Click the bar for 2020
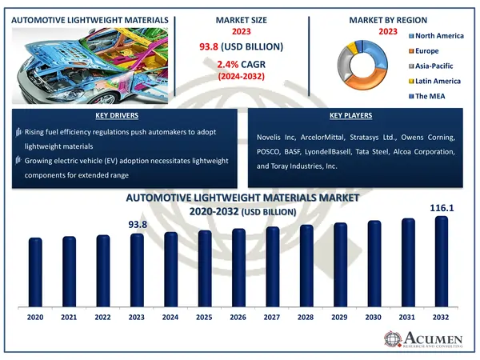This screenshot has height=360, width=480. tap(34, 271)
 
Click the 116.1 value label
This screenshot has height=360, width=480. tap(442, 207)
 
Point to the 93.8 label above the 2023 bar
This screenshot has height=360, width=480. tap(138, 225)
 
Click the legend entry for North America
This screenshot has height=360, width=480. tap(439, 36)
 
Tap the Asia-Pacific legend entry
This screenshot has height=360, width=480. tap(433, 66)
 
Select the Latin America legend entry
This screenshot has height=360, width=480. tap(436, 82)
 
